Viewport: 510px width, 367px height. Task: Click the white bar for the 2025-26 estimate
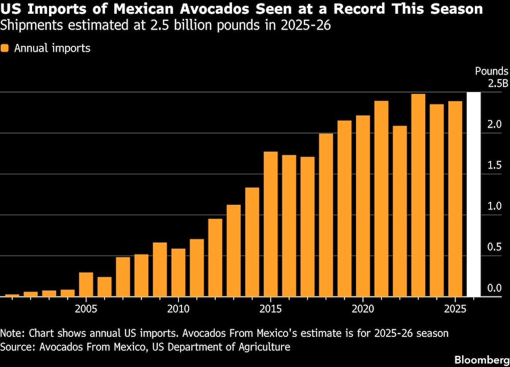tap(474, 194)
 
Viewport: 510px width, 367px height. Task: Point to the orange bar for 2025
tap(455, 199)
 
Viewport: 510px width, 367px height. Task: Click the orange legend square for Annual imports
tap(5, 48)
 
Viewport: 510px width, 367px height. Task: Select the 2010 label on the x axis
tap(178, 309)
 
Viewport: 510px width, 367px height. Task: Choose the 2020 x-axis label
tap(363, 309)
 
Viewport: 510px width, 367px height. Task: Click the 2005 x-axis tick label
tap(86, 309)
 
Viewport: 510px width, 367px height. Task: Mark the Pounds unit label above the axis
tap(492, 72)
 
